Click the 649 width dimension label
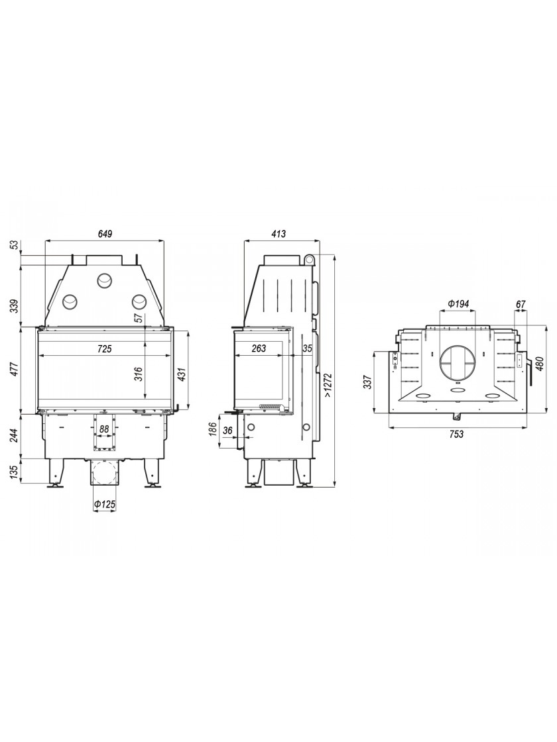[x=105, y=234]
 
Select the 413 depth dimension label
[x=279, y=234]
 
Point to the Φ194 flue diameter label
[x=458, y=304]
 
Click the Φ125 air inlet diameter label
[x=105, y=505]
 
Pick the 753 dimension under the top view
[x=456, y=434]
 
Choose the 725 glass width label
[x=104, y=349]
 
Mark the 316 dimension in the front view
[x=138, y=374]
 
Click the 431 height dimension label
[x=182, y=374]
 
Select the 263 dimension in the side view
[x=259, y=348]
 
